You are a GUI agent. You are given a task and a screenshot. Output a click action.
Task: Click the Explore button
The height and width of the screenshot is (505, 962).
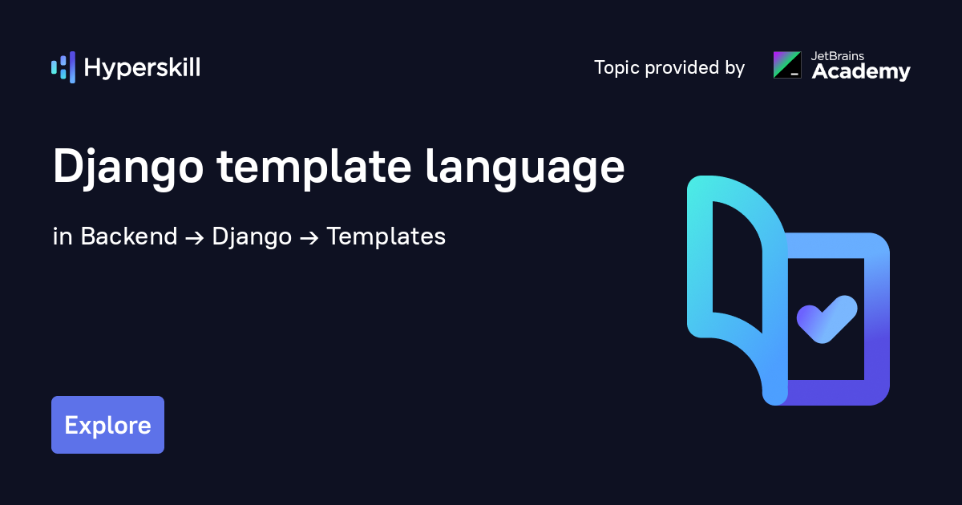pos(107,425)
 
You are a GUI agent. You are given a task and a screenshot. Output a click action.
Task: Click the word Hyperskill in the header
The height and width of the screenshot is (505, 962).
pos(142,68)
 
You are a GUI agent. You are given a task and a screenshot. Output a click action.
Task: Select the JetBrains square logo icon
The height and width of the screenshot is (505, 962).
pos(786,65)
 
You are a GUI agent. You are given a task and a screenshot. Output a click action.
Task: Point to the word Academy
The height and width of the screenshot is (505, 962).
pos(861,72)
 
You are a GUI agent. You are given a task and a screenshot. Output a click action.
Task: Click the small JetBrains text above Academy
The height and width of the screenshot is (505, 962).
pos(834,56)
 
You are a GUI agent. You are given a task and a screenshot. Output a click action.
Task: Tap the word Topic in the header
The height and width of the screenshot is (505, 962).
pos(617,68)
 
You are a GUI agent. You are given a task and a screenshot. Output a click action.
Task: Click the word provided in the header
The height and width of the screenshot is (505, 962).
pos(682,68)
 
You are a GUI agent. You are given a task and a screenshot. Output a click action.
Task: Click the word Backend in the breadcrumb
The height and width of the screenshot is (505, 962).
pos(129,236)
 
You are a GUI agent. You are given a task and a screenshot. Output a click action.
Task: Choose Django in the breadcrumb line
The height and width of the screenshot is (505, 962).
pos(252,237)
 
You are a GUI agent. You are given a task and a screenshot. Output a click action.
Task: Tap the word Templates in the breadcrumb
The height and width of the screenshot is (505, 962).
pos(386,237)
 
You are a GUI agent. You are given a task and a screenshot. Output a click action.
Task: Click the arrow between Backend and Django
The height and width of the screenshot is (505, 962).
pos(195,238)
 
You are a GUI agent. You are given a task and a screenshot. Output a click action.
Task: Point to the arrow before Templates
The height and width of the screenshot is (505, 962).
pos(309,238)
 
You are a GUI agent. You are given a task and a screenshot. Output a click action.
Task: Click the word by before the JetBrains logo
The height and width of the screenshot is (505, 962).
pos(734,69)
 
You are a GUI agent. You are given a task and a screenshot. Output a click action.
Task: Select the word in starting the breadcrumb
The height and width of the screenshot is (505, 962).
pos(63,236)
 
